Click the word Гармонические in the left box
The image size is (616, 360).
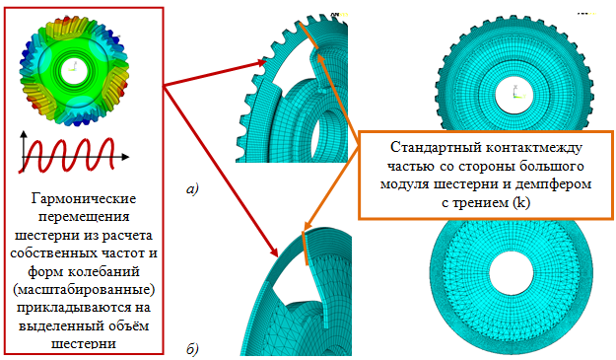[x=84, y=199]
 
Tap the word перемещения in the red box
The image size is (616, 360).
[x=84, y=217]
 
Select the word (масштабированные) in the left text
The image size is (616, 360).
[x=84, y=290]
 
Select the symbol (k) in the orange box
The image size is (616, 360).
[x=521, y=202]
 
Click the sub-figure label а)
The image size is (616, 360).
[x=193, y=189]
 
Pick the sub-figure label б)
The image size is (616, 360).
[x=192, y=348]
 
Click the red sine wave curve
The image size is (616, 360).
[x=67, y=155]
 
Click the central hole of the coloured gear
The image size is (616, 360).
[x=75, y=71]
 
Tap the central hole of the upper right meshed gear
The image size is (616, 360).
[x=513, y=95]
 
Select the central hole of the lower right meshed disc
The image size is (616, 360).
[x=512, y=272]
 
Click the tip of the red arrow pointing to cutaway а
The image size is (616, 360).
[x=267, y=61]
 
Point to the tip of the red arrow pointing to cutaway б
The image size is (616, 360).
[x=278, y=256]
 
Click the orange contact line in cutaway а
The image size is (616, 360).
[x=308, y=36]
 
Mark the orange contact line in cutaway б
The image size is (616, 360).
[x=306, y=248]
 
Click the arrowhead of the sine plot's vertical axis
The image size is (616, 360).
[x=25, y=133]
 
